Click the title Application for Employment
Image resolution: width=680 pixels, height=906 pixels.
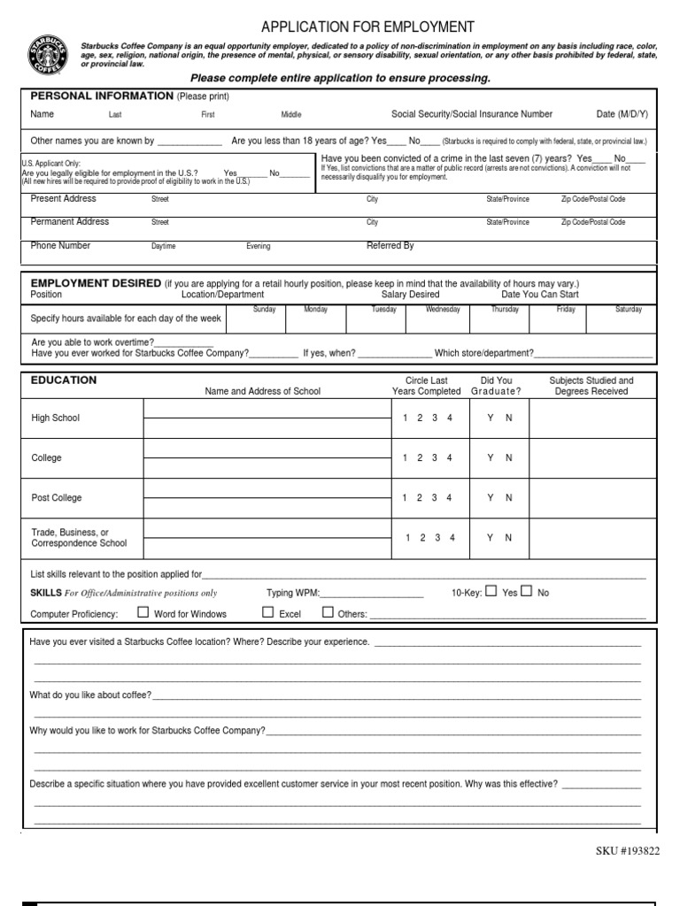[x=367, y=27]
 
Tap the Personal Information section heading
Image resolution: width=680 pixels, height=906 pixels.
[x=102, y=96]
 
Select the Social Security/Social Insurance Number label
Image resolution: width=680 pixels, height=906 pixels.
[x=472, y=114]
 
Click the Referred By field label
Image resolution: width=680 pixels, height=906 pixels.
[x=390, y=246]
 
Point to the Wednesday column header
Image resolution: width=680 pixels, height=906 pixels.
[x=443, y=310]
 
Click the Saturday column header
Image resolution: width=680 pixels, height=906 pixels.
[x=629, y=310]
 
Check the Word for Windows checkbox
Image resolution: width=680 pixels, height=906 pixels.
[x=143, y=612]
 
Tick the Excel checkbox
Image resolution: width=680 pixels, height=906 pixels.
[x=267, y=612]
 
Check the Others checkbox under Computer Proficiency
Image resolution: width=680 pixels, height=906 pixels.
[x=328, y=612]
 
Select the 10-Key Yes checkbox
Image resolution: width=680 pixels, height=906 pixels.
[x=491, y=592]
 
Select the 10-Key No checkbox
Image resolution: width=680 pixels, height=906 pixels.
[x=527, y=592]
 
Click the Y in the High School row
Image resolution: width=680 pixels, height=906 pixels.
[x=490, y=418]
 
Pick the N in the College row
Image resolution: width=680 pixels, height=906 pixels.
[x=509, y=458]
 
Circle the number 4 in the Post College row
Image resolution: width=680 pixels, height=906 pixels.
[x=449, y=498]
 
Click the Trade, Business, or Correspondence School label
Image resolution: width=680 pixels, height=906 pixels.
[x=79, y=538]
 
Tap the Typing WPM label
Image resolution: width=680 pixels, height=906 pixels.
[x=292, y=593]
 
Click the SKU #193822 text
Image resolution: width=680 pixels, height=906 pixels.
[x=628, y=850]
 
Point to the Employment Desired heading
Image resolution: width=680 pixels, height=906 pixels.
[x=96, y=283]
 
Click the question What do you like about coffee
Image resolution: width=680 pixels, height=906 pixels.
[x=90, y=695]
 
